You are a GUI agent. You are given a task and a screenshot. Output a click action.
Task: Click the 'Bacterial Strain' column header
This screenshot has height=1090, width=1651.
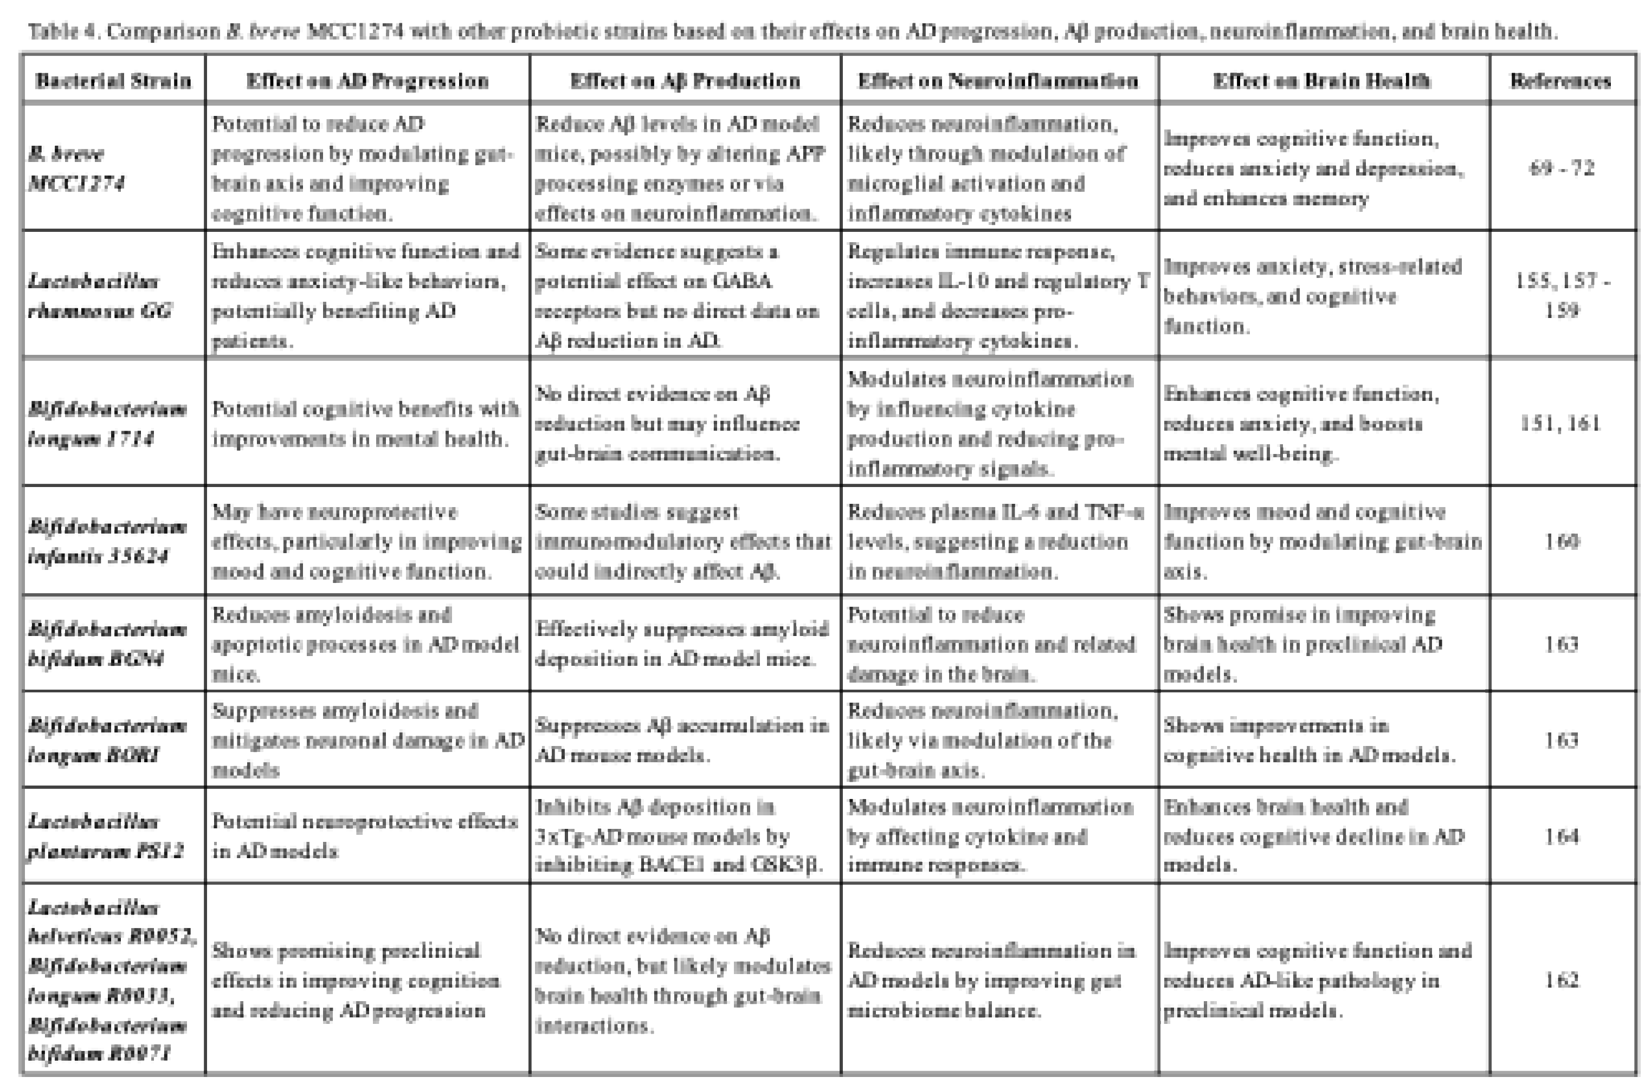(x=113, y=81)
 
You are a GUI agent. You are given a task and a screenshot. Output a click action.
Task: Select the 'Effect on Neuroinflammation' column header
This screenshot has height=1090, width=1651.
(x=998, y=81)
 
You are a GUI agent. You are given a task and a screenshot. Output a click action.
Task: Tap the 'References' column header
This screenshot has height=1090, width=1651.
(x=1560, y=81)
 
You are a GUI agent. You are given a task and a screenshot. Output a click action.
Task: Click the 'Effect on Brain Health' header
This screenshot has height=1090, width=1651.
(x=1321, y=81)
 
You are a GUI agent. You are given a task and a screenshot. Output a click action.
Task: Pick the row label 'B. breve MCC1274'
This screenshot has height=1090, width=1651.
(x=76, y=168)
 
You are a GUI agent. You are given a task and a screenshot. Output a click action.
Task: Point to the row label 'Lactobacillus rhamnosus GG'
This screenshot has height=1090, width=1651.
(x=99, y=295)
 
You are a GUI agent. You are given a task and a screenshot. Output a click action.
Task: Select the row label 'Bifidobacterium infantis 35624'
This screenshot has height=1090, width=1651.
(x=106, y=542)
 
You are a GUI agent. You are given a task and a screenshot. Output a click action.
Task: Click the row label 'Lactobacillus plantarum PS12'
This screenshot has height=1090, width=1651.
(x=104, y=836)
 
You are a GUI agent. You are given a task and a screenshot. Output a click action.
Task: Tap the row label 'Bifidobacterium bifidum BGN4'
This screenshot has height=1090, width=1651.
(x=106, y=644)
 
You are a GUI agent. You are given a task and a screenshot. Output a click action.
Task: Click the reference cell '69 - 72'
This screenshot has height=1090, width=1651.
(x=1561, y=168)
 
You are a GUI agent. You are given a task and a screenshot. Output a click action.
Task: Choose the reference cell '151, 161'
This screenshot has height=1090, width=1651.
(x=1560, y=423)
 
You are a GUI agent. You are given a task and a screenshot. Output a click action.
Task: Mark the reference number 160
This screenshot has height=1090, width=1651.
(x=1561, y=542)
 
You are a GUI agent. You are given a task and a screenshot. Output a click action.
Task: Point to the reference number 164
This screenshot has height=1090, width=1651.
(x=1561, y=836)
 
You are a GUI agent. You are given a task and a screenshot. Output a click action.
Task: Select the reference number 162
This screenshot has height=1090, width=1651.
(x=1561, y=980)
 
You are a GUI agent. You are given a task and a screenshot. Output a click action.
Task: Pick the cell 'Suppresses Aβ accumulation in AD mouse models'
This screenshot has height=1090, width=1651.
(x=681, y=741)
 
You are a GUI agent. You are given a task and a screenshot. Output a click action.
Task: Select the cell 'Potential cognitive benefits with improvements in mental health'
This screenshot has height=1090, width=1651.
(x=366, y=423)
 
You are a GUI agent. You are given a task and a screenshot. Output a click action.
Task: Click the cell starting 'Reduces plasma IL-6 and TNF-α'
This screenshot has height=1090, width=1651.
(x=995, y=542)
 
